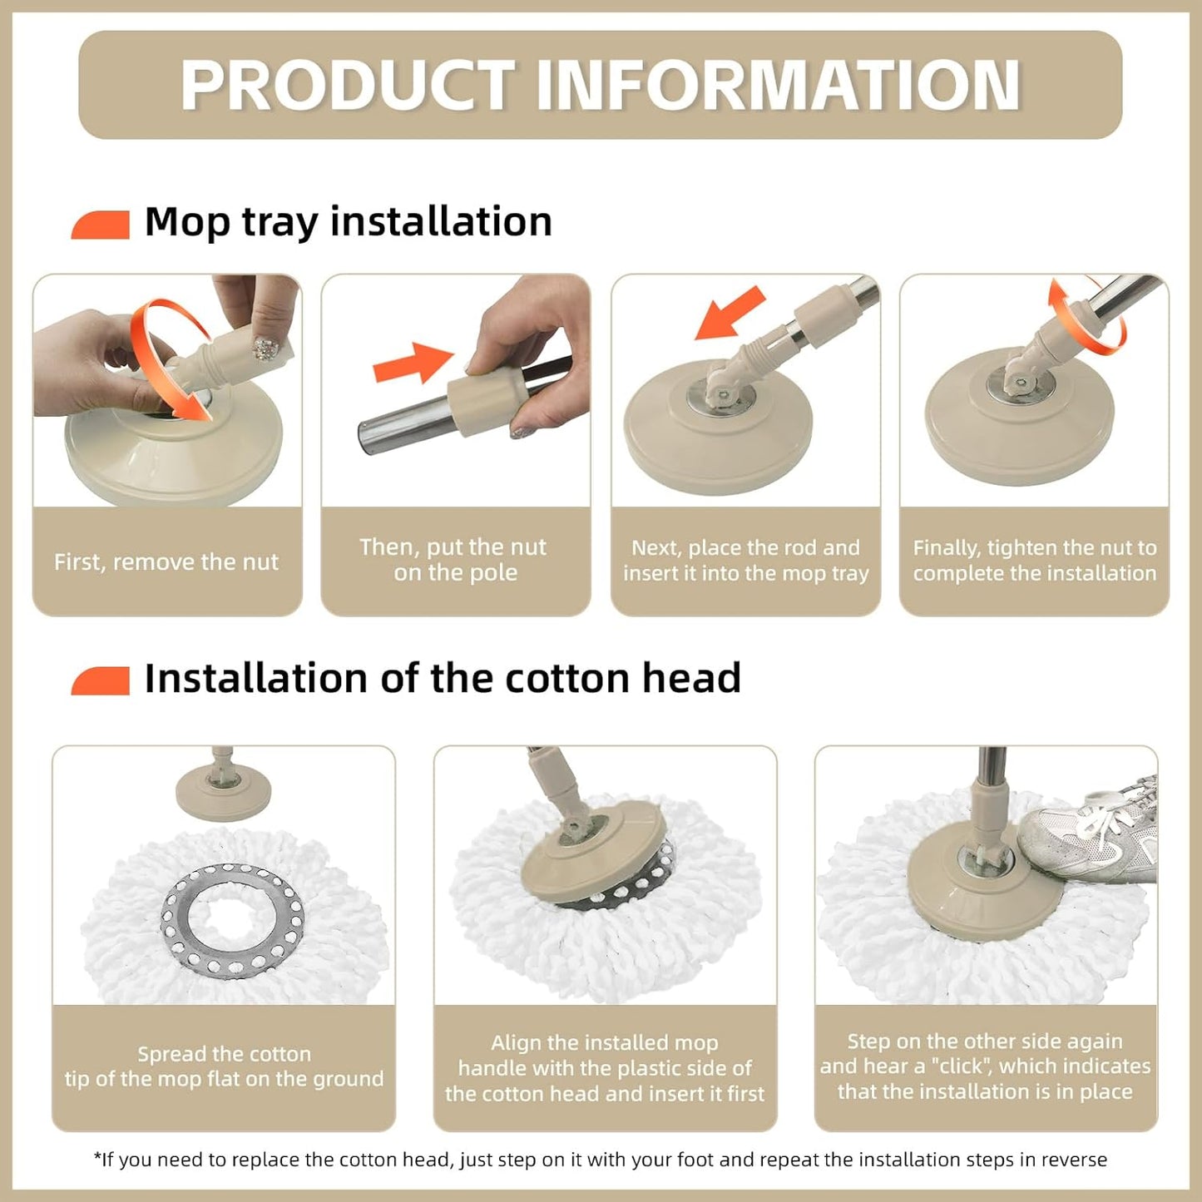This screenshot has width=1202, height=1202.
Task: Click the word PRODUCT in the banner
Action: click(347, 85)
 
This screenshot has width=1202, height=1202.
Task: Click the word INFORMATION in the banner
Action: click(779, 85)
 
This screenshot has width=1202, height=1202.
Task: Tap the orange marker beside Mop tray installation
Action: click(101, 225)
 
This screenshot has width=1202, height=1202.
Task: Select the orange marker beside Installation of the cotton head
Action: click(101, 680)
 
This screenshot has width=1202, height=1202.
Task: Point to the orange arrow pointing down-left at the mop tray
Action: click(730, 313)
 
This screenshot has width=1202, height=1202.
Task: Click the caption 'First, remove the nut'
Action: click(166, 562)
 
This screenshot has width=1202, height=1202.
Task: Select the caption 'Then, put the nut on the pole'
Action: click(453, 560)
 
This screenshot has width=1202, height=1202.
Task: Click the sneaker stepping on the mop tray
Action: click(1088, 830)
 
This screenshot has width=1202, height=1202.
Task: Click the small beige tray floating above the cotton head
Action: click(223, 791)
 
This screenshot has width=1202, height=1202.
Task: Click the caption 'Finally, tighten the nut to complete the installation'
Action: click(1034, 560)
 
